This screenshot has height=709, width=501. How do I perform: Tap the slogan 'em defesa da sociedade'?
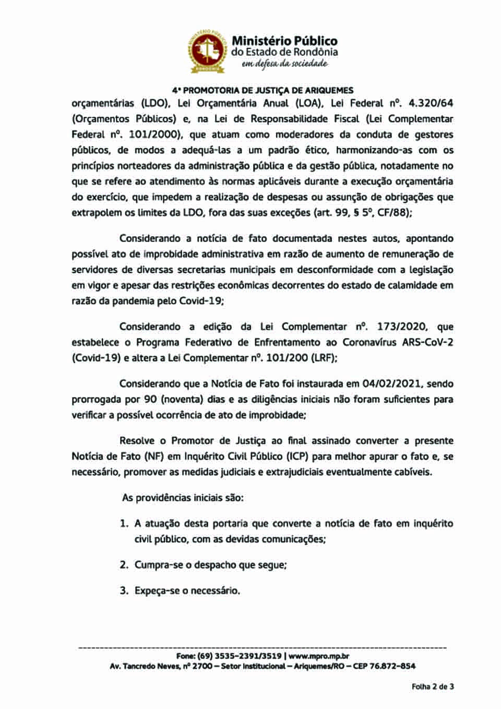click(x=284, y=64)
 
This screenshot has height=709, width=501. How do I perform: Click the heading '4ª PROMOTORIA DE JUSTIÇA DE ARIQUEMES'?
click(x=263, y=90)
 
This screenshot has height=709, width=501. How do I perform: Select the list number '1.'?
click(x=124, y=523)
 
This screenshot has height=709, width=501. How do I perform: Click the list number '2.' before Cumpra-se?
click(x=124, y=565)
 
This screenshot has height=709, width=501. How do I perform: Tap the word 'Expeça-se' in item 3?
click(x=154, y=591)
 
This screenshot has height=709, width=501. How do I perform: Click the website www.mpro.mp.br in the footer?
click(x=319, y=656)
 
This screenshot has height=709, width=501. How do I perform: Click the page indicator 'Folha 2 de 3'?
click(x=433, y=687)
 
